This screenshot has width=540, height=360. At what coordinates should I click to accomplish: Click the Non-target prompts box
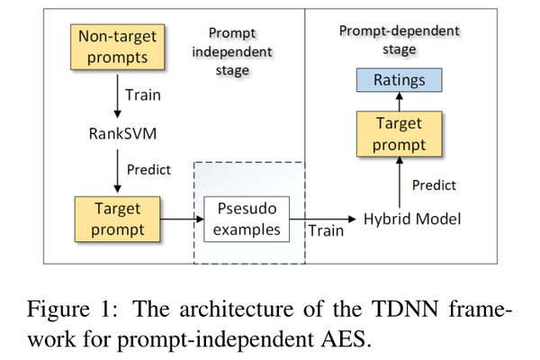pos(117,48)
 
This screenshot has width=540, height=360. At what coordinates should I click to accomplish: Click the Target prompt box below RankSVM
pos(117,219)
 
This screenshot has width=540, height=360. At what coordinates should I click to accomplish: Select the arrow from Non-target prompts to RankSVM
pos(117,94)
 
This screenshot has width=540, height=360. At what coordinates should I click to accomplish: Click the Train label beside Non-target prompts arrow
pos(145,93)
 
